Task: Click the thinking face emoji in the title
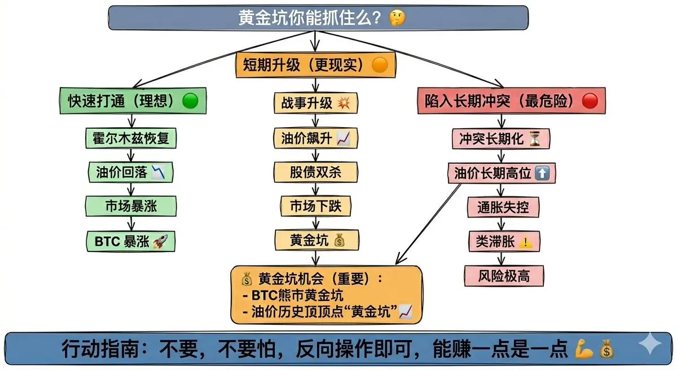pos(397,18)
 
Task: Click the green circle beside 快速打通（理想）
pos(191,101)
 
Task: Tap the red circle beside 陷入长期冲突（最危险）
pos(590,101)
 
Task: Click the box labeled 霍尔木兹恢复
pos(131,137)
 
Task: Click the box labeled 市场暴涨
pos(131,207)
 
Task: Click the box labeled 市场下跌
pos(315,206)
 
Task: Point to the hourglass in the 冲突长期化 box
pos(535,138)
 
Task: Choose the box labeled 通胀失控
pos(498,207)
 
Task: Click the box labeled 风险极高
pos(498,276)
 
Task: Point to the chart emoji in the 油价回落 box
pos(160,172)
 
